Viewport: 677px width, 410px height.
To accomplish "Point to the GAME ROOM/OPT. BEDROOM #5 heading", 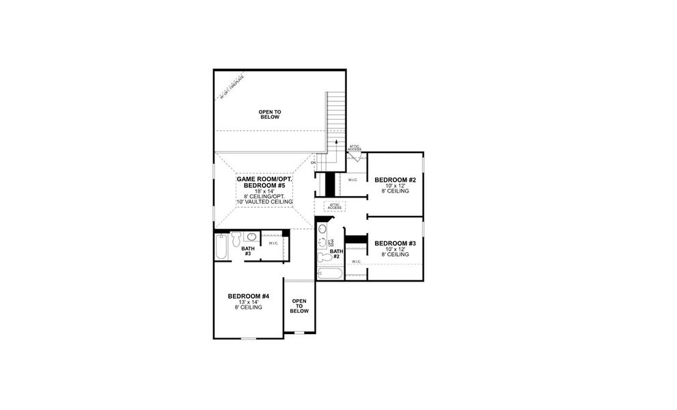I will click(x=265, y=181).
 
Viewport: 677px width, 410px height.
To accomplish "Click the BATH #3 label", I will click(x=248, y=251).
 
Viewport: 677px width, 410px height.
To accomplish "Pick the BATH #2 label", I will click(x=335, y=254).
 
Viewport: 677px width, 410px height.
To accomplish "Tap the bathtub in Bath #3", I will click(x=220, y=247).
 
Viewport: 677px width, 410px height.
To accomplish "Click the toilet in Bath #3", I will click(x=236, y=238).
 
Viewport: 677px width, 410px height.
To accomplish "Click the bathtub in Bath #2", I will click(x=329, y=274).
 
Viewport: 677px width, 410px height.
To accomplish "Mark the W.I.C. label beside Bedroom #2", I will click(x=353, y=180).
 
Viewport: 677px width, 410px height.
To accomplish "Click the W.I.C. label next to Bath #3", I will click(x=273, y=243).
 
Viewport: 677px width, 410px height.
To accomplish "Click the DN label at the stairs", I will click(x=314, y=163).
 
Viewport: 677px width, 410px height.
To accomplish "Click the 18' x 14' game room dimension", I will click(x=265, y=191).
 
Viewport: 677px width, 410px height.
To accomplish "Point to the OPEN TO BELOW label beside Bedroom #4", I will click(x=299, y=305).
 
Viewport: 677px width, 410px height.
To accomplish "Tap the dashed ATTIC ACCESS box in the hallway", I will click(x=334, y=206).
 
